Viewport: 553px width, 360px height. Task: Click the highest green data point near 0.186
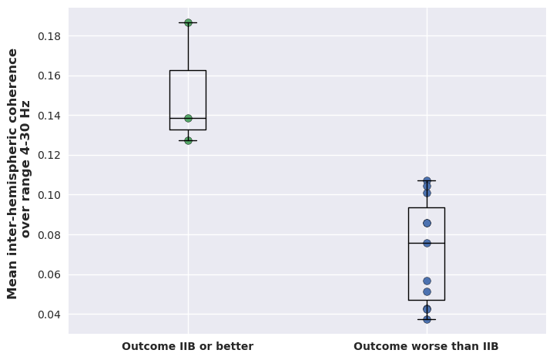pyautogui.click(x=188, y=22)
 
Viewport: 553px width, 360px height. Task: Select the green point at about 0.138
pyautogui.click(x=188, y=118)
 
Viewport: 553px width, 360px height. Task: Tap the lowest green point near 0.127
pyautogui.click(x=188, y=140)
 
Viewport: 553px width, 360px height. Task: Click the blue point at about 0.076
pyautogui.click(x=427, y=243)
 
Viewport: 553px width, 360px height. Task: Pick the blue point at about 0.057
pyautogui.click(x=427, y=281)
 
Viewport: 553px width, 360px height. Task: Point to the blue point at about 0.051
pyautogui.click(x=427, y=291)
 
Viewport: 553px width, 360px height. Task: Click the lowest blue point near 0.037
pyautogui.click(x=427, y=319)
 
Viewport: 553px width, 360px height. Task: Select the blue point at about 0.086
pyautogui.click(x=427, y=223)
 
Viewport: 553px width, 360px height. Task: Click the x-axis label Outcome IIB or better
pyautogui.click(x=187, y=346)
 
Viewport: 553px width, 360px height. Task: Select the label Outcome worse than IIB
pyautogui.click(x=426, y=346)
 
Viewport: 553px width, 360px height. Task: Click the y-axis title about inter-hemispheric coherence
pyautogui.click(x=19, y=173)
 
